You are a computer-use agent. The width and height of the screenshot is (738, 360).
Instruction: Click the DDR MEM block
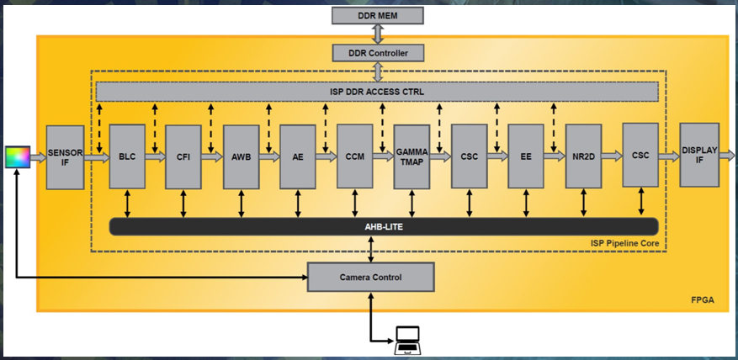[x=377, y=15]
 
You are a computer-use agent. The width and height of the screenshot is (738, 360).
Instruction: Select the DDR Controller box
[x=377, y=53]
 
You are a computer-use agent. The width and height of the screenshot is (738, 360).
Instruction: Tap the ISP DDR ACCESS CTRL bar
[x=377, y=91]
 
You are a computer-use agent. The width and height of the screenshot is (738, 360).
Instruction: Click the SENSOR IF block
[x=64, y=155]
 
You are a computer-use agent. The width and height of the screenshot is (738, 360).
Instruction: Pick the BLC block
[x=127, y=156]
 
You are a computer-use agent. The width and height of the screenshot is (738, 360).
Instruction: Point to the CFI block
[x=183, y=156]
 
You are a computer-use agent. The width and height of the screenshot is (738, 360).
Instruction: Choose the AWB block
[x=241, y=156]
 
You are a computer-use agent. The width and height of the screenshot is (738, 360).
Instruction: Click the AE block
[x=298, y=156]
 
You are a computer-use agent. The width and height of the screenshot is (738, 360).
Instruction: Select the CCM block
[x=354, y=156]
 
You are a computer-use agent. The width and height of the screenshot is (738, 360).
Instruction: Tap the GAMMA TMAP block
[x=411, y=156]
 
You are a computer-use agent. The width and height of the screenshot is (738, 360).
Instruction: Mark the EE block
[x=526, y=156]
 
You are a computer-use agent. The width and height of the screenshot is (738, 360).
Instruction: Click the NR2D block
[x=583, y=156]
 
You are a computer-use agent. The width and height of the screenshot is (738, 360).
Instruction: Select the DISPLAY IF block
[x=698, y=155]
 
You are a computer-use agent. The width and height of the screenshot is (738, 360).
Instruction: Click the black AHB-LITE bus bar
[x=384, y=226]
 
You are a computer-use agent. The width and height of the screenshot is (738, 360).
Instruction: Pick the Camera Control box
[x=370, y=277]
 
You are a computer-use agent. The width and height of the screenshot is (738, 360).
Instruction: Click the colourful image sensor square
[x=17, y=156]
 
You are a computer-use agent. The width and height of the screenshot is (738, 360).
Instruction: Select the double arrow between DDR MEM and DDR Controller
[x=377, y=34]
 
